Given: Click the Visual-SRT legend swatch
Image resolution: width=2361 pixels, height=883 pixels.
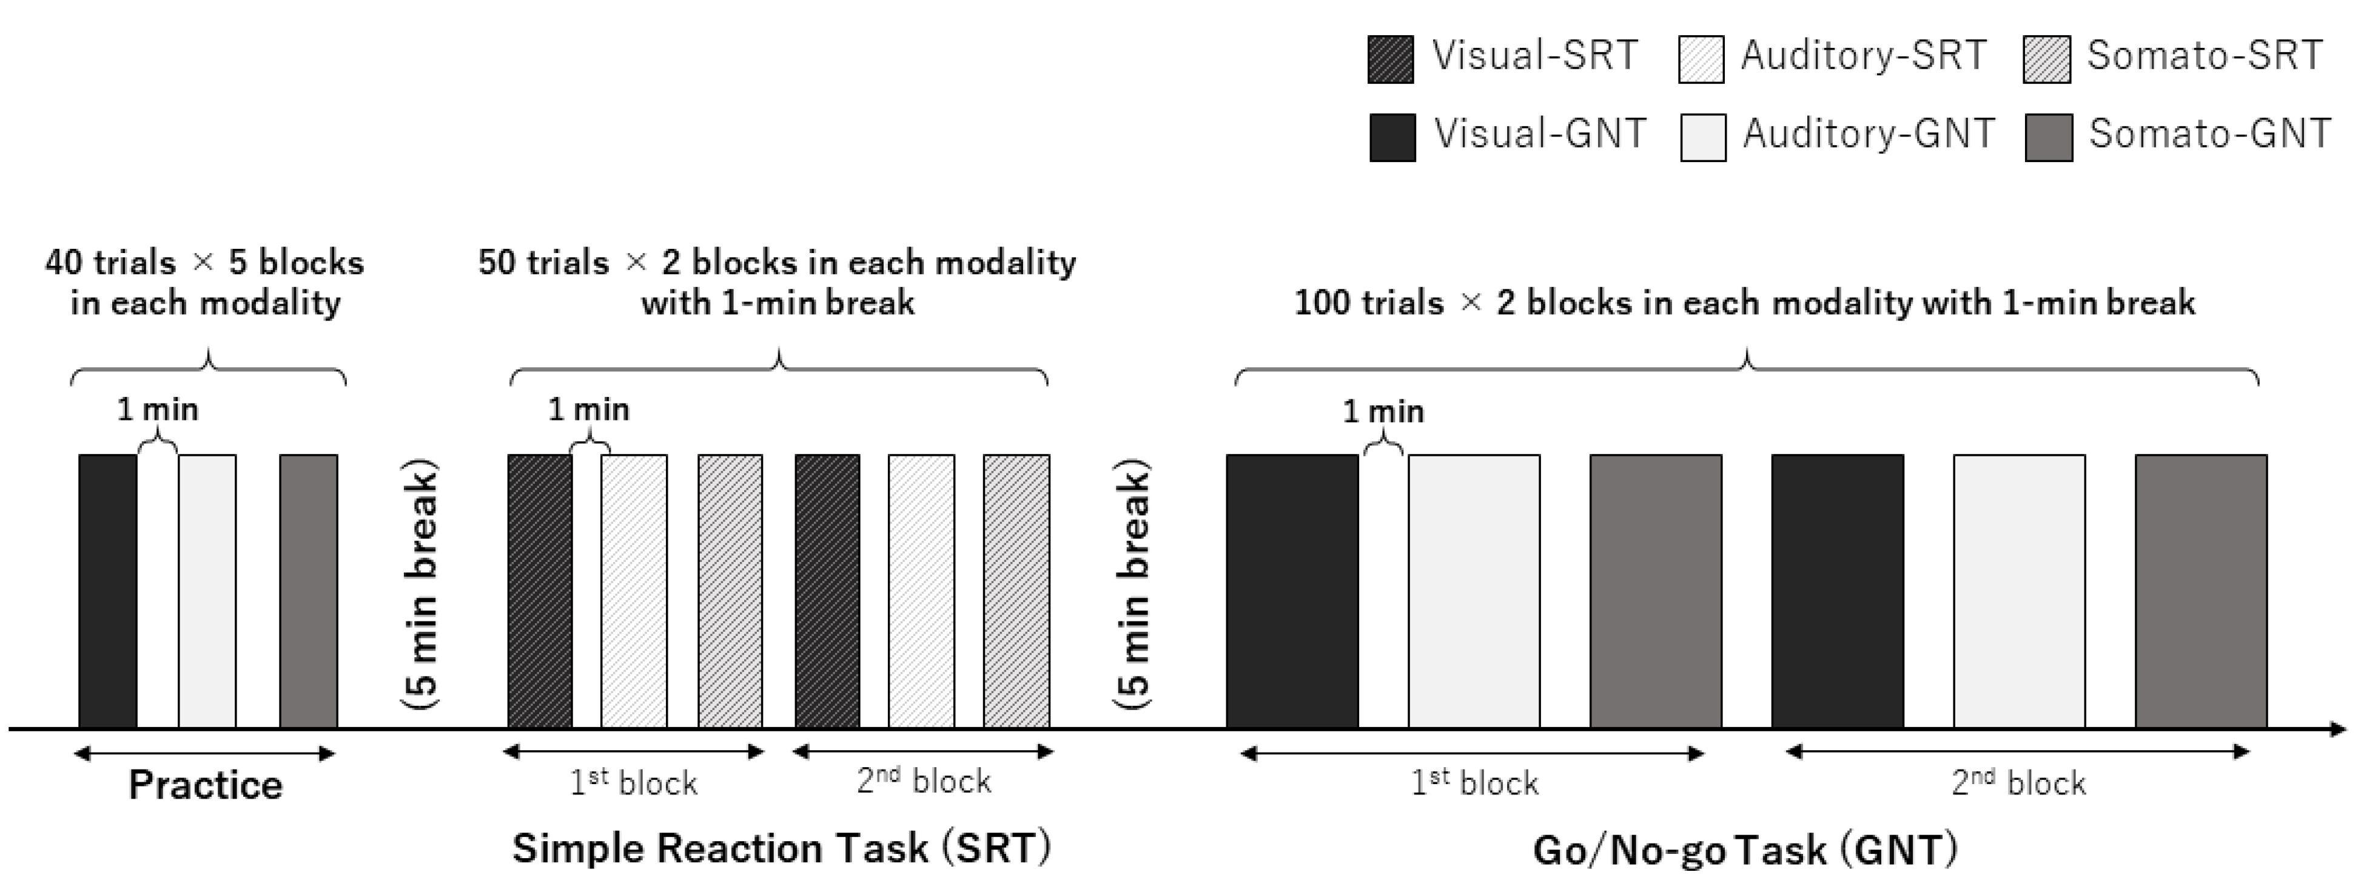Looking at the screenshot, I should point(1391,59).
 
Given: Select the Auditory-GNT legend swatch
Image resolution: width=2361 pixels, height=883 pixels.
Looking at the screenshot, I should point(1703,138).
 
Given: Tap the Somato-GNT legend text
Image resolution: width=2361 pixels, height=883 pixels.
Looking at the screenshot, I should point(2209,135).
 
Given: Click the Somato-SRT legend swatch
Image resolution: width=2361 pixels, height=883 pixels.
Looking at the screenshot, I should point(2047,59).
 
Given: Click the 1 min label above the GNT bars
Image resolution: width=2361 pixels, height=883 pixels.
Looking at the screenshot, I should point(1383,411).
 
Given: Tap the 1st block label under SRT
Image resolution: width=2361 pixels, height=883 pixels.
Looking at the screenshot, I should point(633,783).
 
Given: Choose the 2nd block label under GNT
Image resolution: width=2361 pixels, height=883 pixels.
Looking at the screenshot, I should point(2018,783).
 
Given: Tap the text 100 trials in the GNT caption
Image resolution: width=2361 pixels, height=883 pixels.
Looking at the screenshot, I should point(1368,303).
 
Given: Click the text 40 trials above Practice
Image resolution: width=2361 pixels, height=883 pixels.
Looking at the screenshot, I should point(110,263).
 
